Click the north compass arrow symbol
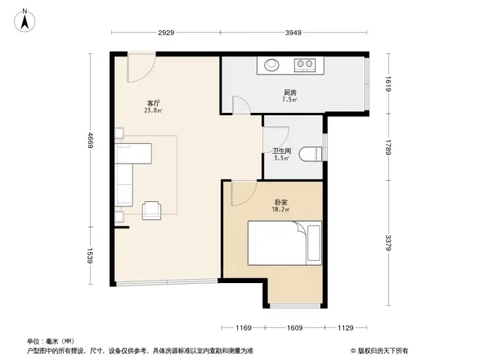[x=25, y=19]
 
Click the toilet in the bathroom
[x=311, y=154]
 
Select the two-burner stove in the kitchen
[x=306, y=64]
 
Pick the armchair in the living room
[x=152, y=210]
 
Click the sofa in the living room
[x=127, y=174]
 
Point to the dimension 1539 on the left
[x=91, y=256]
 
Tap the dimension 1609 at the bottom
[x=295, y=328]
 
